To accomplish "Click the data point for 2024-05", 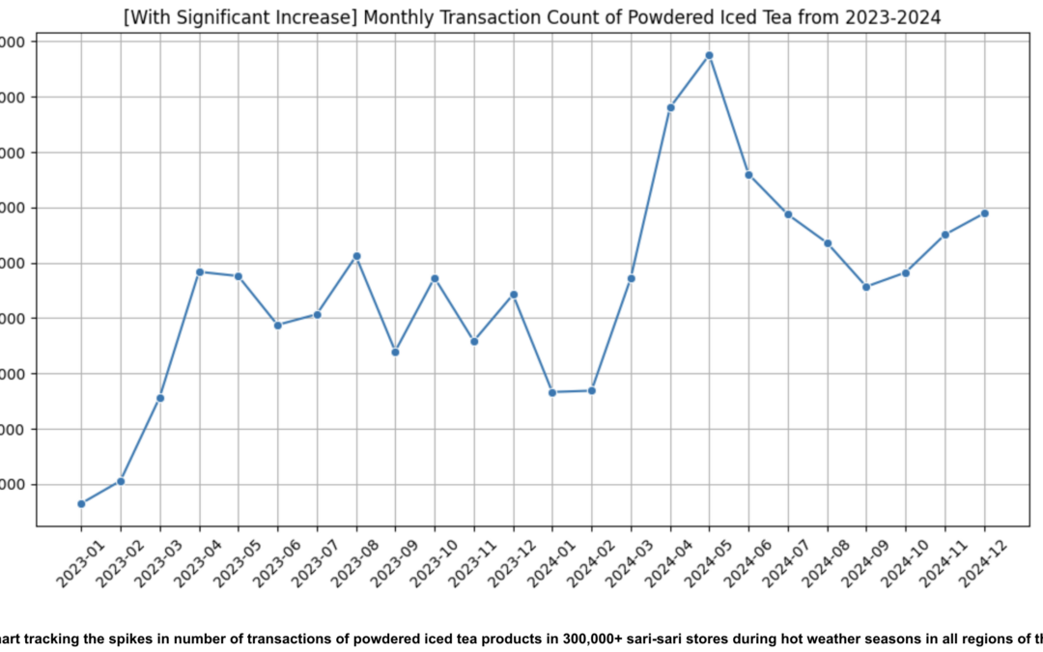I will [709, 55].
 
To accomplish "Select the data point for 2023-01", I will [81, 503].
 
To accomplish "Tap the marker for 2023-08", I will [356, 256].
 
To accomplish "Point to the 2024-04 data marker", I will [670, 107].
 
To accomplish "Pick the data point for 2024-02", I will [592, 390].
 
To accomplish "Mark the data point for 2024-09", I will [866, 287].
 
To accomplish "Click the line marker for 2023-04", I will [199, 271].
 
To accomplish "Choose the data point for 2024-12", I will [984, 213].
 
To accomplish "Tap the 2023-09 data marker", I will [395, 352].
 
